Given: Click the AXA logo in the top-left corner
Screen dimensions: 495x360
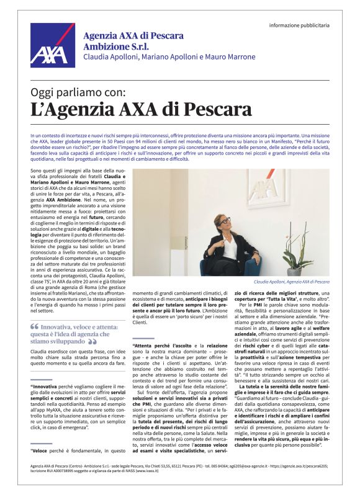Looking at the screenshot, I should pos(48,45).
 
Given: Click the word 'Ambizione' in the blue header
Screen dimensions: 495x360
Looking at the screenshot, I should pos(104,46).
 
